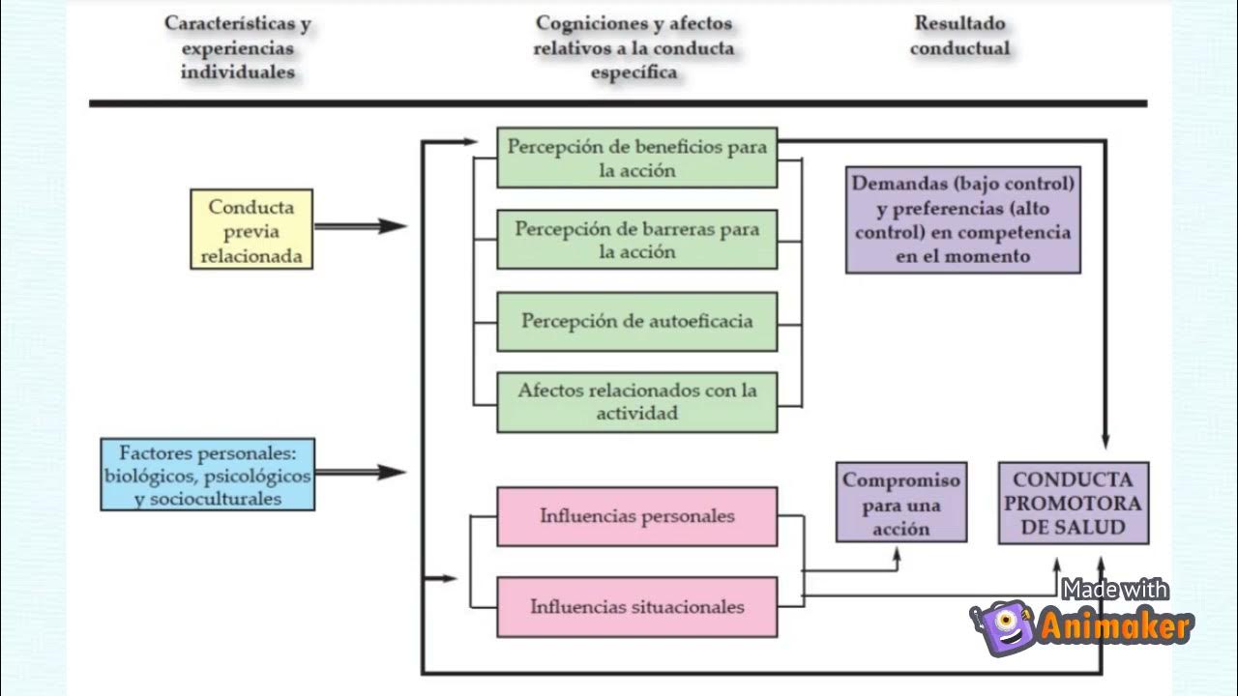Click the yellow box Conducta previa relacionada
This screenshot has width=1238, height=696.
click(251, 229)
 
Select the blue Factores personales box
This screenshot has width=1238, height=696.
click(208, 475)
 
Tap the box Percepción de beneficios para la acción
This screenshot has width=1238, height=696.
click(637, 158)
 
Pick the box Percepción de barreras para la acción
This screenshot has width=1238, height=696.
click(637, 239)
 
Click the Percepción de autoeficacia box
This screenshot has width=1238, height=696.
click(637, 322)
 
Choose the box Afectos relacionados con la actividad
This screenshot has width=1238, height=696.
click(637, 401)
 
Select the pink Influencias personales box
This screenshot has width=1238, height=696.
click(637, 516)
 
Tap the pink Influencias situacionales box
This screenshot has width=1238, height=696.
click(637, 607)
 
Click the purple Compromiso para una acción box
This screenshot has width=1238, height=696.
click(901, 502)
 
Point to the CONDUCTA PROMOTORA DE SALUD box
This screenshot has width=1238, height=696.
click(1074, 504)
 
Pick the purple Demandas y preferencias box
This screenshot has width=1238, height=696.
click(962, 219)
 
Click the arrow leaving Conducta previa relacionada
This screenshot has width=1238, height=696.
click(361, 226)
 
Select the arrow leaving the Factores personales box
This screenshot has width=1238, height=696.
click(361, 473)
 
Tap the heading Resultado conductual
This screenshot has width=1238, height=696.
click(960, 36)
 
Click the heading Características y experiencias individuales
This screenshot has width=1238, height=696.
click(238, 47)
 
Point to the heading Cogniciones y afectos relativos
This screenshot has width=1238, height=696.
click(634, 47)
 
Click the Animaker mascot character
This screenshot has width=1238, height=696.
click(1004, 627)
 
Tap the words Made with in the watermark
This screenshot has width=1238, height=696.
click(1114, 590)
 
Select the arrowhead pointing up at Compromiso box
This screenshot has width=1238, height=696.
click(897, 555)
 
